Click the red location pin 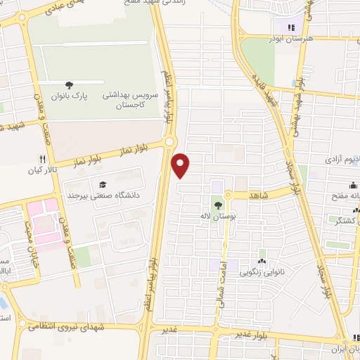pyautogui.click(x=181, y=165)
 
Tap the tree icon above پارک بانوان pyautogui.click(x=69, y=84)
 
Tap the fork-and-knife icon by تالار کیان pyautogui.click(x=42, y=159)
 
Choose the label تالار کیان pyautogui.click(x=41, y=170)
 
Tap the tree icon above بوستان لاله pyautogui.click(x=218, y=205)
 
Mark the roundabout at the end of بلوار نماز pyautogui.click(x=169, y=143)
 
